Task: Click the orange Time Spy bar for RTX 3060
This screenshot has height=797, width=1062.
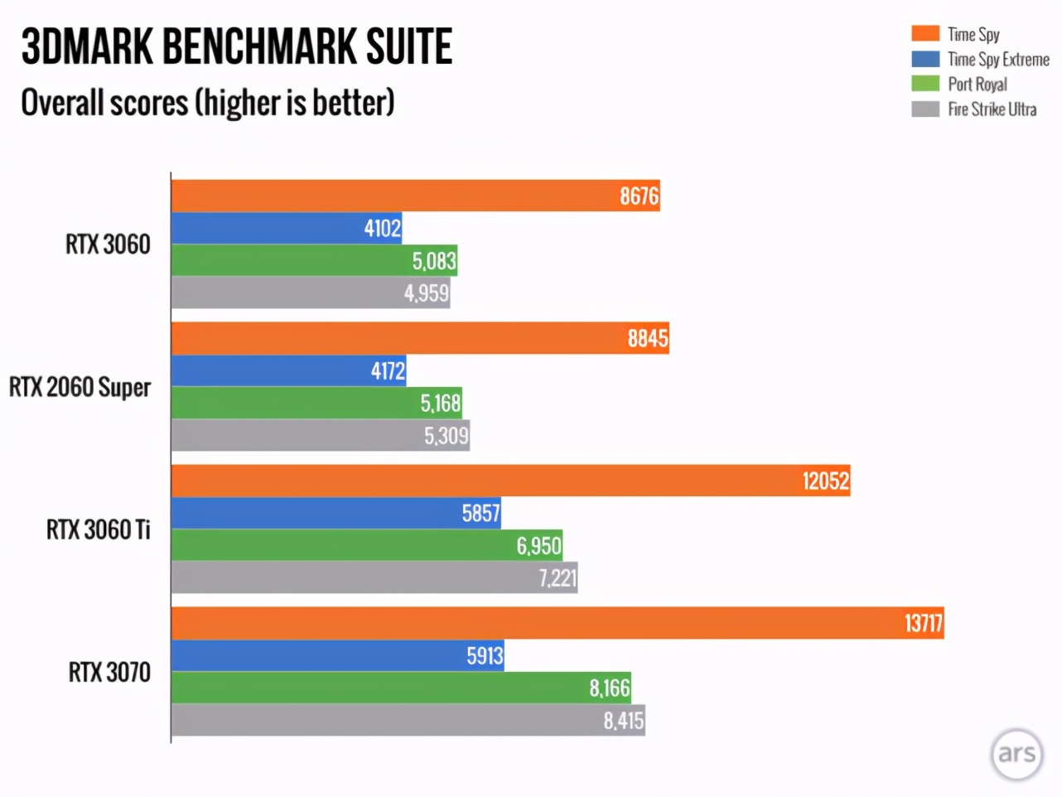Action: [x=414, y=196]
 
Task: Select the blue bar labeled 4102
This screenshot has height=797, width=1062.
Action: [x=286, y=228]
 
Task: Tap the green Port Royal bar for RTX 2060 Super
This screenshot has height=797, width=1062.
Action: [x=315, y=403]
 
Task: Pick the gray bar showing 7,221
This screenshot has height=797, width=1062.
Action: [x=373, y=577]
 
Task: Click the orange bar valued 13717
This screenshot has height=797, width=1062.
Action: [x=555, y=623]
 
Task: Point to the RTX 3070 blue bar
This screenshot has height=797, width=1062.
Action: [x=336, y=655]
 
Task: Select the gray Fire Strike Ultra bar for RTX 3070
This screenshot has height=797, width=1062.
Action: [x=406, y=720]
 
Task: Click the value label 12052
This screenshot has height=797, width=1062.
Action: [x=825, y=481]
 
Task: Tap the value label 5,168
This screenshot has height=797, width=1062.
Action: [x=440, y=403]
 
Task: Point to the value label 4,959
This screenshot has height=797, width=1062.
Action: [x=426, y=293]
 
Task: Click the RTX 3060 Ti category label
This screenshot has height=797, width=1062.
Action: [x=99, y=529]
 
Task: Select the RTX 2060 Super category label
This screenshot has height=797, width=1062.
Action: [x=80, y=387]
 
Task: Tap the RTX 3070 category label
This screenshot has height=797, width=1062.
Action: [x=109, y=672]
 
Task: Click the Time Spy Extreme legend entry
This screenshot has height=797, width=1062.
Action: [x=998, y=59]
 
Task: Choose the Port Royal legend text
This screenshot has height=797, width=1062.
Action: [x=978, y=84]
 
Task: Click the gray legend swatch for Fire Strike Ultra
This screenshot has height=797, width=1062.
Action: [x=925, y=109]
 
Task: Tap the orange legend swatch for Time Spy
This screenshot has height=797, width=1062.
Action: [x=925, y=34]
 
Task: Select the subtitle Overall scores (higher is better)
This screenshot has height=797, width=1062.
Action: [x=207, y=103]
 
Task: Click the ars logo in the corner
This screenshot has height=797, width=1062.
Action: [x=1016, y=754]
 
